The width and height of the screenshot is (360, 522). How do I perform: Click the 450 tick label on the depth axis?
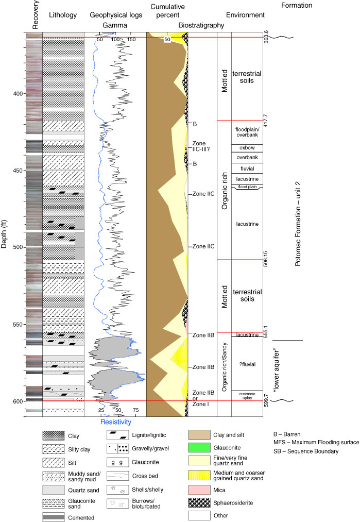pos(18,171)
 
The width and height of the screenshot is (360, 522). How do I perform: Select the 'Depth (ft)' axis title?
pos(4,234)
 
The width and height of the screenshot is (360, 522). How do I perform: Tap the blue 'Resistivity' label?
pos(116,422)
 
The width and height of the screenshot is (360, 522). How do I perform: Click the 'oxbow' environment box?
pos(247,148)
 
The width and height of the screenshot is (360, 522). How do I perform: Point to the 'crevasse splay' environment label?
pos(247,396)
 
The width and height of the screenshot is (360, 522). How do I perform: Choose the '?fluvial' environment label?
pos(247,364)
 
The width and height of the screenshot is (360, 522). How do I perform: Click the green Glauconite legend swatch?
pos(199,448)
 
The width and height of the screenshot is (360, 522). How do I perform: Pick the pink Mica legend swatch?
pos(199,490)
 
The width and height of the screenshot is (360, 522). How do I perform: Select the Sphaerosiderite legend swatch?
pos(199,503)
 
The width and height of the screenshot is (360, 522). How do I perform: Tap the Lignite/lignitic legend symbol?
pos(118,435)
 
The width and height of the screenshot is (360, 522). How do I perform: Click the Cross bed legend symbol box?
pos(118,476)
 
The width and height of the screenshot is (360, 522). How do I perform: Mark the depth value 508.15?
pos(266,259)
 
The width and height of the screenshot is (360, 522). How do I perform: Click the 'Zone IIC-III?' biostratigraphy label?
pos(201,146)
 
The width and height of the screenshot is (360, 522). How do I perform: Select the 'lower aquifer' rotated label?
pos(276,369)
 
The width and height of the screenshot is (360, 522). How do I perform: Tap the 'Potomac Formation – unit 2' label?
pos(298,224)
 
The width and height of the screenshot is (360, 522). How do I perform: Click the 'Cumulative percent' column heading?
pos(168,11)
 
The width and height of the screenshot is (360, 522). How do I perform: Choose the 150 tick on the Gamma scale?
pos(131,39)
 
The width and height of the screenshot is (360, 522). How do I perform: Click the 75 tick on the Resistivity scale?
pos(136,410)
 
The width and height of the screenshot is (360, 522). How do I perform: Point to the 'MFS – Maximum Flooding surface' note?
pos(316,442)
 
